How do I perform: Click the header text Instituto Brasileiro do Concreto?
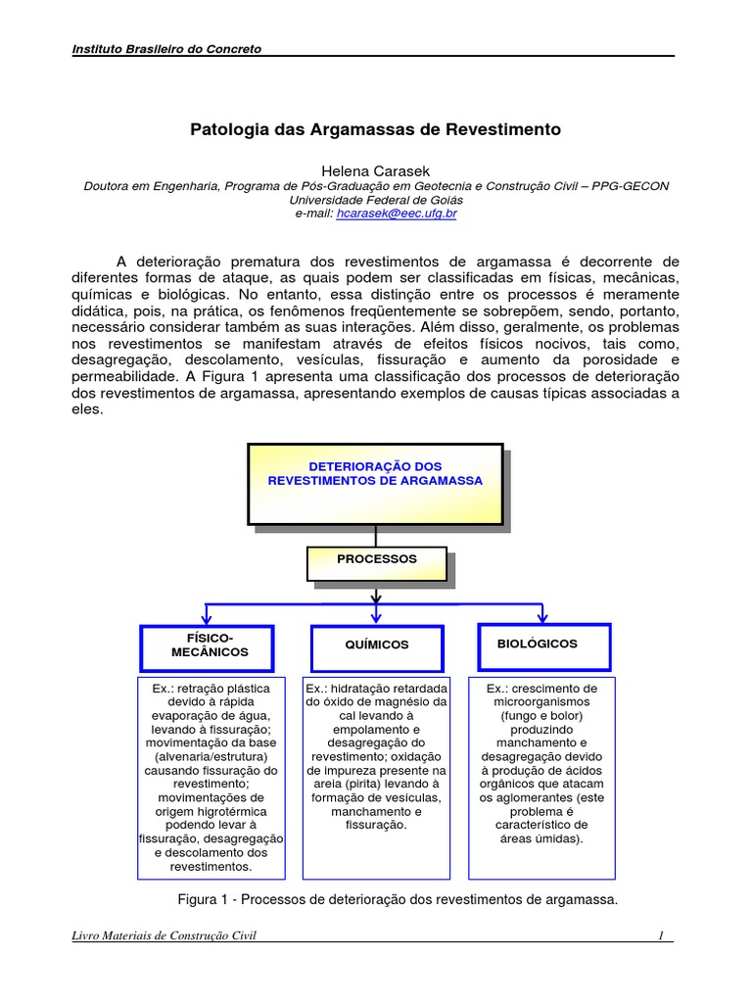coord(167,49)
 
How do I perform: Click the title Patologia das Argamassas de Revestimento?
coord(375,129)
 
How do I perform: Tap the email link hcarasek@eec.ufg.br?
coord(397,213)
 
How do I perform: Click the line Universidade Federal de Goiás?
coord(375,199)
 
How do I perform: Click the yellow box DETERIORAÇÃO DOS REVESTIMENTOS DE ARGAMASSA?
coord(375,483)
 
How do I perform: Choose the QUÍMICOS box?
coord(377,646)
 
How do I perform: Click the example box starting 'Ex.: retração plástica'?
coord(211,777)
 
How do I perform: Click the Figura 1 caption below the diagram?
coord(396,899)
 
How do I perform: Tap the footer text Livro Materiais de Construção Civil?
coord(164,936)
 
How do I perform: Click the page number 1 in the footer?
coord(661,936)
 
